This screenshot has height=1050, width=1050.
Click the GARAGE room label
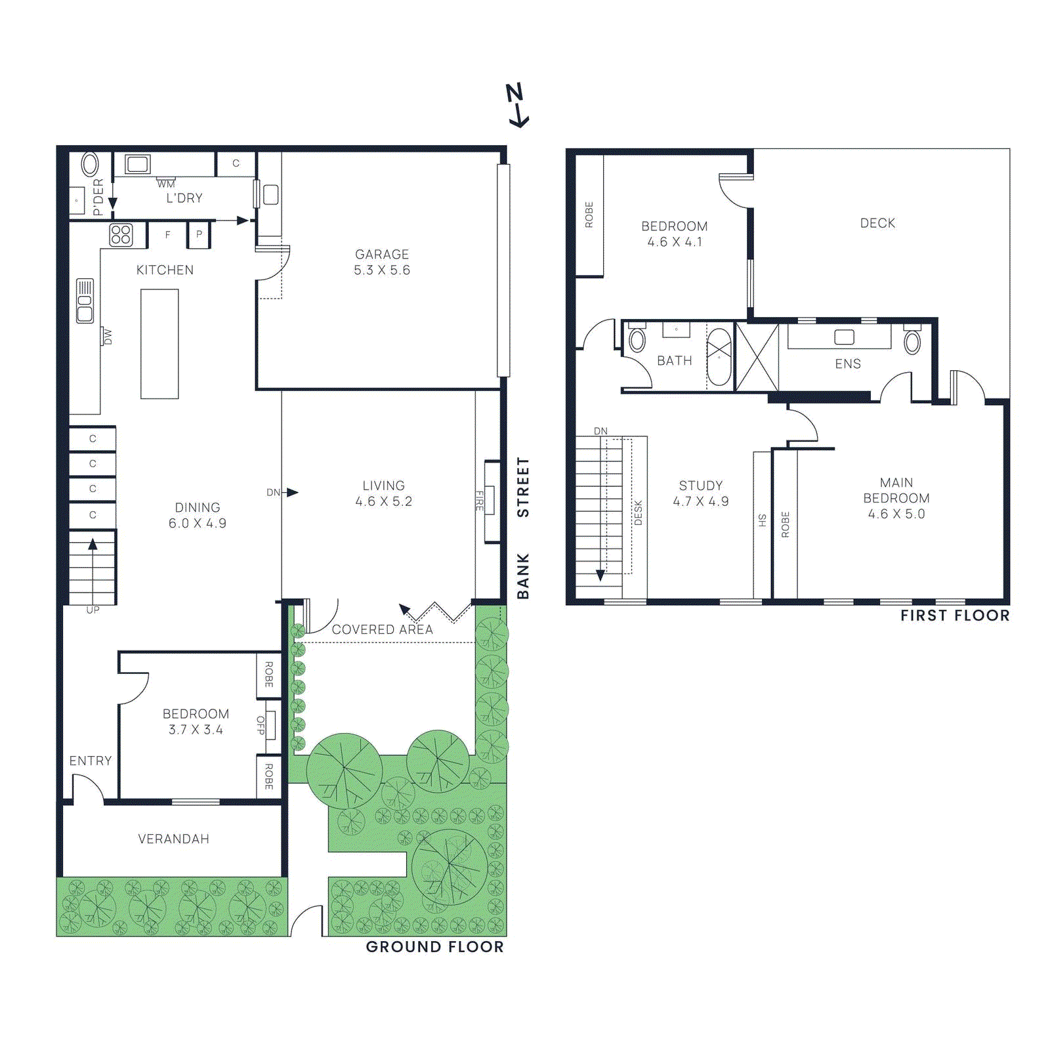click(382, 254)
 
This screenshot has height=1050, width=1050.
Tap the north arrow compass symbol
click(517, 105)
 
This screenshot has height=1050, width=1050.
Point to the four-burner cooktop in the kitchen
click(121, 235)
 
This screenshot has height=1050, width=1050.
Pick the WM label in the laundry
click(166, 184)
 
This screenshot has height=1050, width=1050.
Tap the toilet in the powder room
click(89, 164)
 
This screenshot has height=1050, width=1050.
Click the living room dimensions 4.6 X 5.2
click(384, 501)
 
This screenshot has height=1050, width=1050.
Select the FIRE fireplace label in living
click(480, 501)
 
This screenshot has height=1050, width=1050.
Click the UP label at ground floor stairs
click(93, 610)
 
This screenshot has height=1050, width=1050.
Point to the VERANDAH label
click(174, 839)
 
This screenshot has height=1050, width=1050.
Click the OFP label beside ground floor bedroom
click(261, 724)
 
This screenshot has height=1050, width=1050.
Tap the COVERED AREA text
click(382, 629)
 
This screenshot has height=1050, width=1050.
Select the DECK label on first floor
click(877, 223)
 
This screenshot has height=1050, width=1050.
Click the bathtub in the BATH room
click(719, 357)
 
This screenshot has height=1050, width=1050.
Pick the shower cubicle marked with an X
click(757, 358)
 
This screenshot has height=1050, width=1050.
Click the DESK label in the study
click(638, 513)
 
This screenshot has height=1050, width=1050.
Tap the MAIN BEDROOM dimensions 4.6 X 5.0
click(896, 514)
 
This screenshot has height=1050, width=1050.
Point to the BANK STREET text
click(523, 528)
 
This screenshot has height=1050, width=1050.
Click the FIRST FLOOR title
click(955, 616)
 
